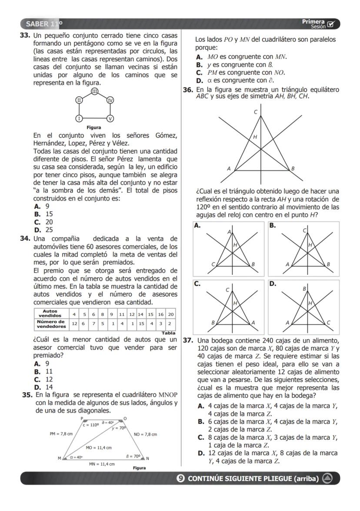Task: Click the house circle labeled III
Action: (94, 91)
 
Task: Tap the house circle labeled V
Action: (110, 118)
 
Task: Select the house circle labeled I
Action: (79, 118)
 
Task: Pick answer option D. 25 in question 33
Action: (43, 230)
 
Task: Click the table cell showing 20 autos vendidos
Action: (171, 314)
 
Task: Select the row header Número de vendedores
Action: (51, 324)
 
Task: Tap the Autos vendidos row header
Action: (51, 314)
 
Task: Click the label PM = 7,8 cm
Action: (61, 434)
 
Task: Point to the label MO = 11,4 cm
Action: (99, 448)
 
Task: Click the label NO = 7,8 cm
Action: (145, 434)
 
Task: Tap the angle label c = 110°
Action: (91, 425)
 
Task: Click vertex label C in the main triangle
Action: (256, 112)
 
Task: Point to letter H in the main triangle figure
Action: (255, 137)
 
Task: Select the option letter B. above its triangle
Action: (272, 225)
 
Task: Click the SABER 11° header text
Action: (44, 23)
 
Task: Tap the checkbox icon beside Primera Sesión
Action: (331, 23)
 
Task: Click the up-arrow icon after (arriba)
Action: (327, 478)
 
